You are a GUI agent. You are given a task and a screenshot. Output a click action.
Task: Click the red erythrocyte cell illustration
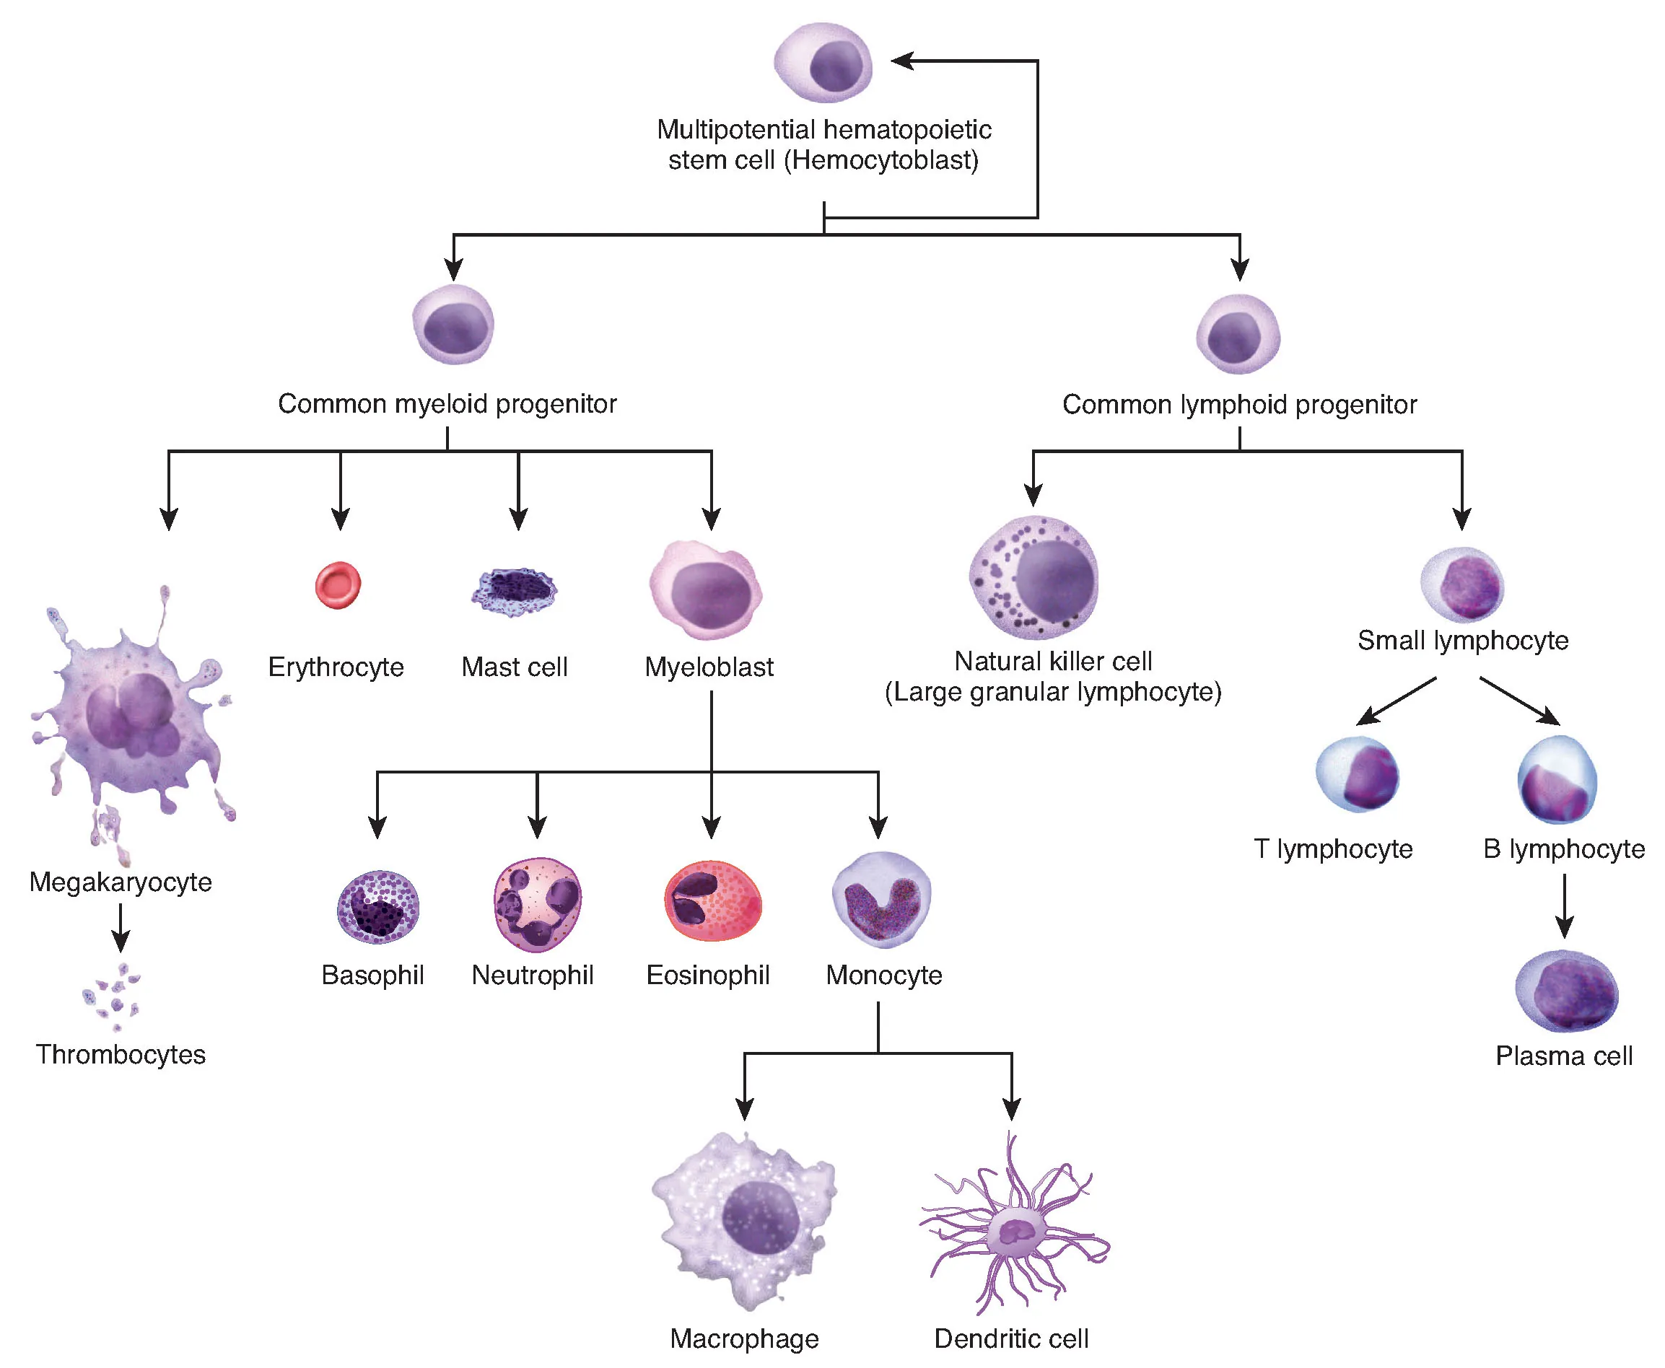[x=338, y=584]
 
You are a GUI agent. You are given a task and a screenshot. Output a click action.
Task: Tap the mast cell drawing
[x=515, y=591]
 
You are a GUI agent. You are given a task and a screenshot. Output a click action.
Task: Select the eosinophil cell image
[x=712, y=900]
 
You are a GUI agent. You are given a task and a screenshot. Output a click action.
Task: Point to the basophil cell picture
[x=377, y=906]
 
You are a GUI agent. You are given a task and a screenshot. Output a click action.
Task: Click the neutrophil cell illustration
[x=538, y=904]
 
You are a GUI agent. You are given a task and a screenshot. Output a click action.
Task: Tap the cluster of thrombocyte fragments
[x=113, y=997]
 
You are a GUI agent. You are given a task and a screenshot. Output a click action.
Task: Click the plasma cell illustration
[x=1566, y=991]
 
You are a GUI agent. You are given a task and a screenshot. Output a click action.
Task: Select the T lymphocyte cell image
[x=1358, y=775]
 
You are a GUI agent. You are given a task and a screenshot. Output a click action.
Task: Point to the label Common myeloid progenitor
[x=447, y=403]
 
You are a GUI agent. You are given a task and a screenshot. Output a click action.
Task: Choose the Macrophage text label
[x=744, y=1338]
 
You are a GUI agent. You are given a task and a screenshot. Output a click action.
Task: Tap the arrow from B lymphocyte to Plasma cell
[x=1565, y=906]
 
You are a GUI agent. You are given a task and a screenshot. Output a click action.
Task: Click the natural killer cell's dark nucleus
[x=1055, y=581]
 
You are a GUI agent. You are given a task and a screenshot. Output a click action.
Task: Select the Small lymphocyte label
[x=1462, y=640]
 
